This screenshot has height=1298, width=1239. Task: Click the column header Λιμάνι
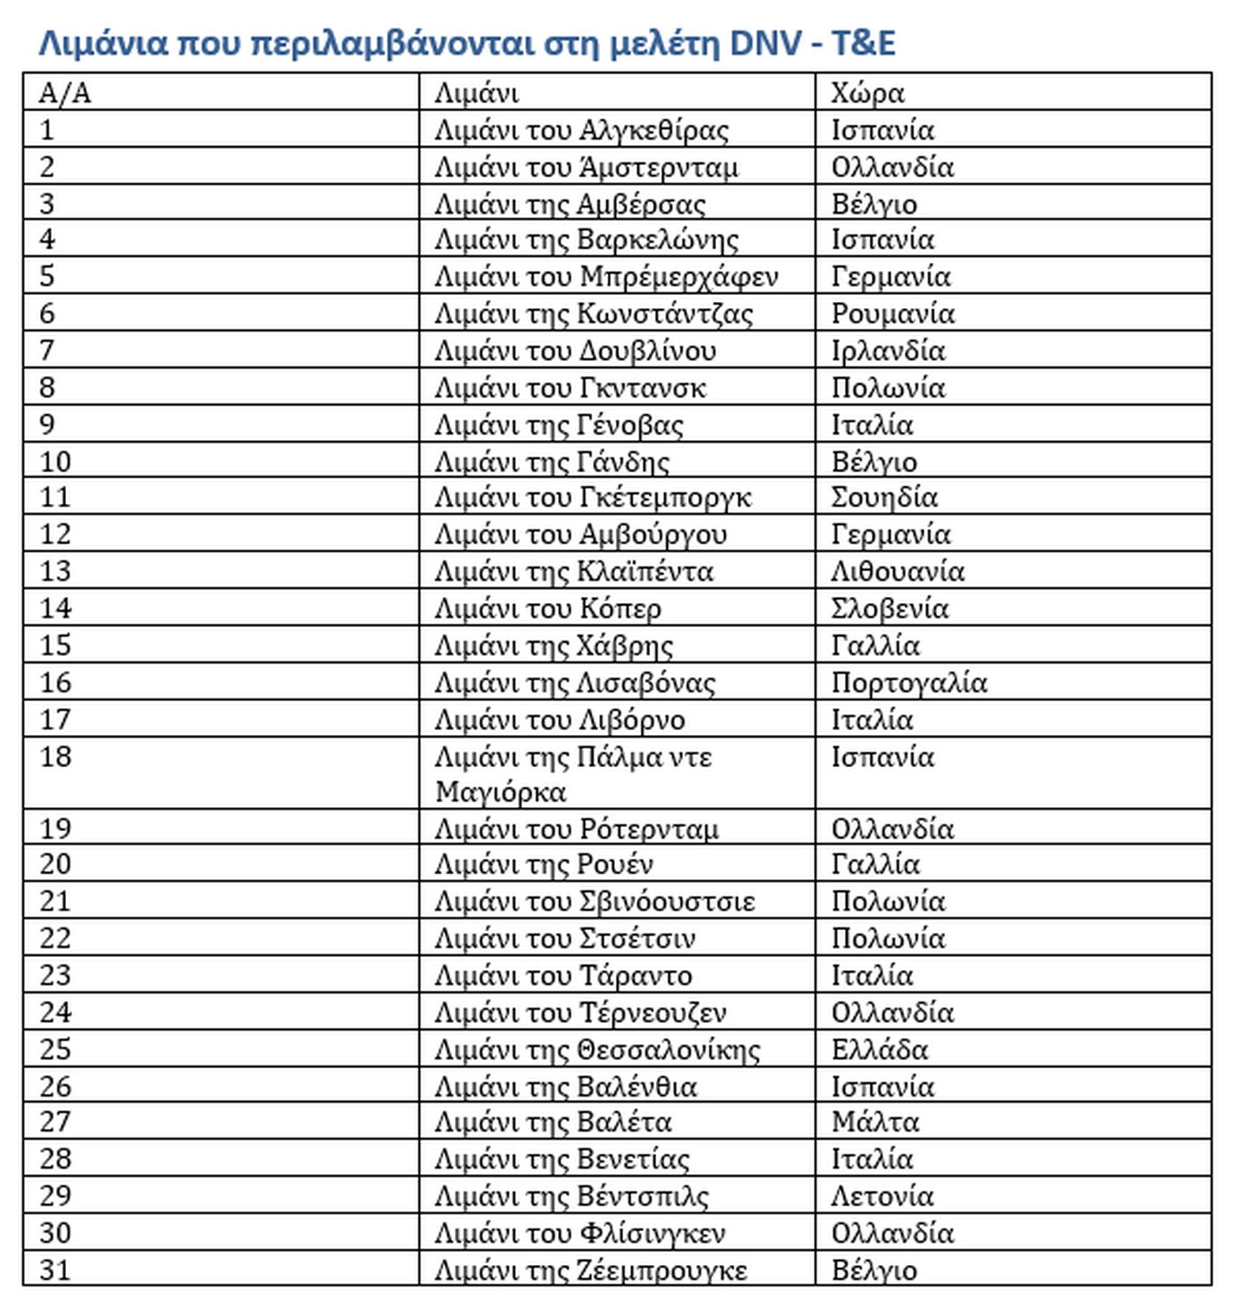point(476,93)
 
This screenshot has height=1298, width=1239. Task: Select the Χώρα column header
point(867,93)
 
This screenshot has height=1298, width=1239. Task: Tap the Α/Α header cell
point(64,93)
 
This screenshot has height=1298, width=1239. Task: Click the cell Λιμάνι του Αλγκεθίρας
point(581,130)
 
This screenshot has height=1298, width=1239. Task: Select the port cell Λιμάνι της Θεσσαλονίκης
point(597,1049)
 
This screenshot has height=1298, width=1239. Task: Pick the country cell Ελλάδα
point(879,1049)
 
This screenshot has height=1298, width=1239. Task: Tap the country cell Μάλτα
point(874,1122)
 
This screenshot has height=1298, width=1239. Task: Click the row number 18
point(55,756)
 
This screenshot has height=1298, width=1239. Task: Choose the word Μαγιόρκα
point(500,792)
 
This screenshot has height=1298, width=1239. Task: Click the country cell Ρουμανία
point(892,314)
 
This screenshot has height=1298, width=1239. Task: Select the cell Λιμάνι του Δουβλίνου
point(575,351)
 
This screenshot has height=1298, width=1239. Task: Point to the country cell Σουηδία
point(884,497)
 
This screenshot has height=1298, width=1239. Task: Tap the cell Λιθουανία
point(898,571)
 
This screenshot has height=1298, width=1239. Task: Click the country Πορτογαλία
point(909,682)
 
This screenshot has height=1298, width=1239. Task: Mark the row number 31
point(55,1269)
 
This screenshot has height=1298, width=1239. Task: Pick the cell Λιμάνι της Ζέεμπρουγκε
point(590,1269)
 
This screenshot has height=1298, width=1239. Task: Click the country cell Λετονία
point(882,1196)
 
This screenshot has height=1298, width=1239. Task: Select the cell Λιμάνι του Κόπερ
point(547,608)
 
